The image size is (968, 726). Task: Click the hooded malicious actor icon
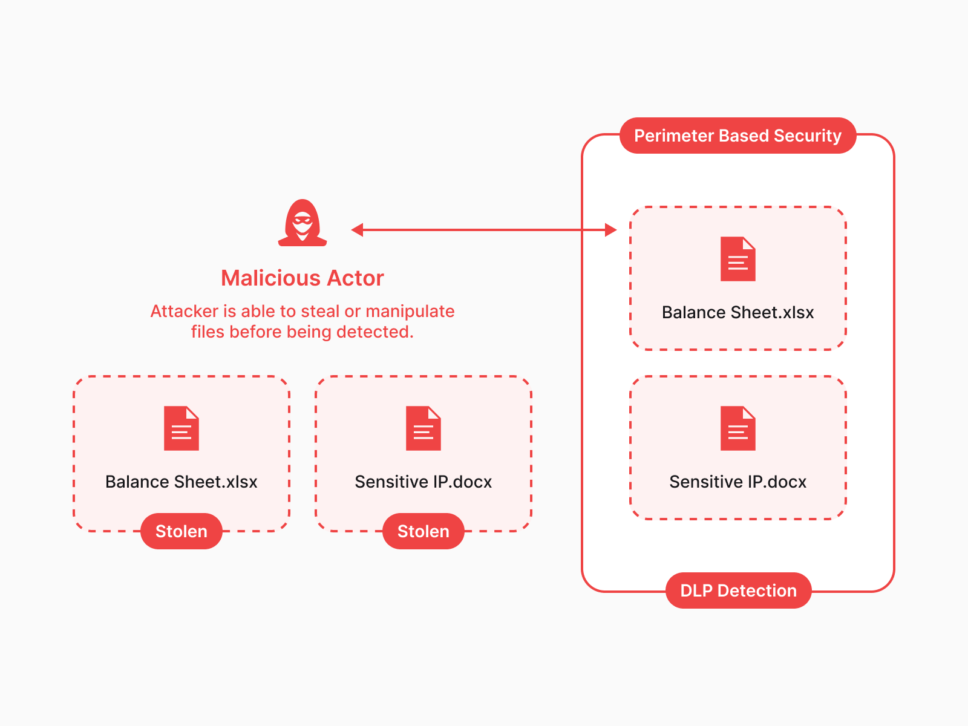[x=302, y=223]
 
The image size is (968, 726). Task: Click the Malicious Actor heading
[x=302, y=278]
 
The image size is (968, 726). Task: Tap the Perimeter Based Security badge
[x=737, y=136]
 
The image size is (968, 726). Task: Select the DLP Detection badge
[x=738, y=590]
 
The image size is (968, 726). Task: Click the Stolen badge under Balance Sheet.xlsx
[x=181, y=531]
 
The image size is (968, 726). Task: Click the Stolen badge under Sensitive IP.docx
[x=423, y=531]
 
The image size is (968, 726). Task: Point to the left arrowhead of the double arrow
[x=358, y=230]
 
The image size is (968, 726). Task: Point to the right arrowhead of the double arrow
[x=610, y=230]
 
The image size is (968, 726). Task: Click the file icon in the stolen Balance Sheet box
[x=181, y=428]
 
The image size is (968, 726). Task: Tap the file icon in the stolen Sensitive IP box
[x=423, y=428]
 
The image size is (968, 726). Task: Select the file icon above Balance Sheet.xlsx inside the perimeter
[x=738, y=259]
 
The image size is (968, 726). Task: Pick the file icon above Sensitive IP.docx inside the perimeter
[x=738, y=428]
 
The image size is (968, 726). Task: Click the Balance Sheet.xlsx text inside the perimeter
[x=738, y=312]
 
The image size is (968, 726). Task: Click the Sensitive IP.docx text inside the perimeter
[x=738, y=482]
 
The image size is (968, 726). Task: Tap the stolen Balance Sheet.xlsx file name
[x=181, y=482]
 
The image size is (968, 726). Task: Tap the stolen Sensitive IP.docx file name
[x=423, y=482]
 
